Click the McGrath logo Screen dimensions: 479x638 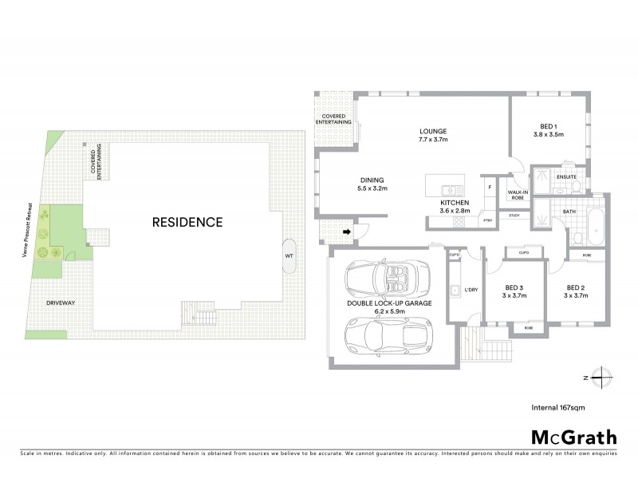[x=574, y=437]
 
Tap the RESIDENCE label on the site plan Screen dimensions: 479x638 [x=187, y=222]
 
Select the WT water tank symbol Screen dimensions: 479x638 [x=289, y=255]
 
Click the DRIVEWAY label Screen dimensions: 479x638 [x=60, y=303]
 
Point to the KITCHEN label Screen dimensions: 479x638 [x=455, y=204]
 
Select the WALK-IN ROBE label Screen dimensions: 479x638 [x=510, y=193]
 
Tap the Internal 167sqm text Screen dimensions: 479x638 [x=560, y=407]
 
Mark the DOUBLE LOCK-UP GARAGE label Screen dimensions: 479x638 [x=389, y=304]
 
